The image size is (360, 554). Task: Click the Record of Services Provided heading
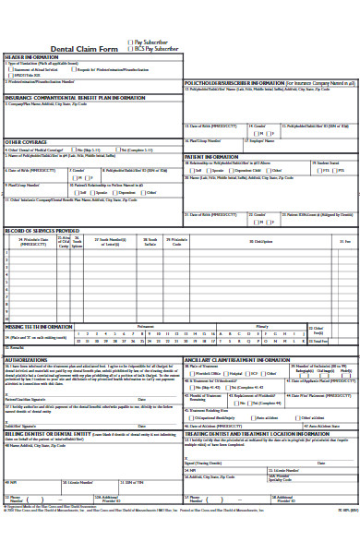42,230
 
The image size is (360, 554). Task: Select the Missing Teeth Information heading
39,326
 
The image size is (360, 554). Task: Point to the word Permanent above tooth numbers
146,327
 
